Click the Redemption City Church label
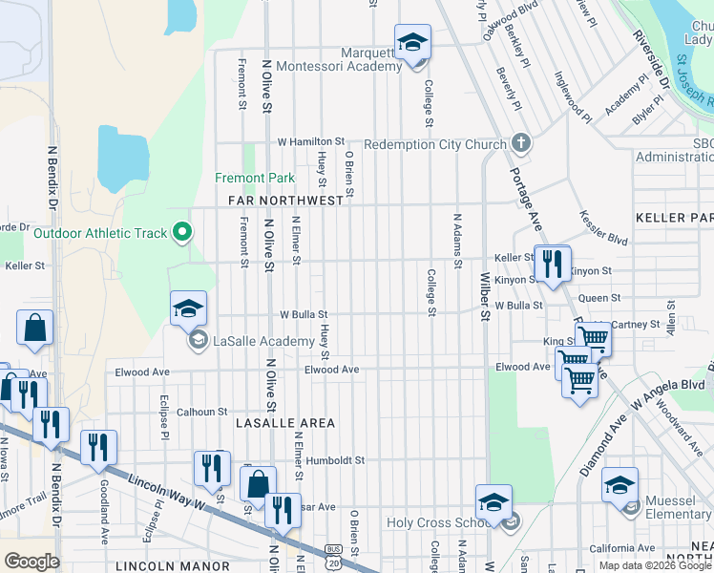(434, 145)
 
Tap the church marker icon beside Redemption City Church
(519, 144)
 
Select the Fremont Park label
(255, 178)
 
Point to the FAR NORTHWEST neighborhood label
(285, 202)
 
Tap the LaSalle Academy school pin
(189, 308)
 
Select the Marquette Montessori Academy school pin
(412, 43)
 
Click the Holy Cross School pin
(494, 503)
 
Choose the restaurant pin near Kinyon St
(552, 264)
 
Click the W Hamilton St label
(310, 141)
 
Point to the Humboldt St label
(335, 459)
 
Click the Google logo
(31, 562)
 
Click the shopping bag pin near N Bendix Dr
(35, 329)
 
